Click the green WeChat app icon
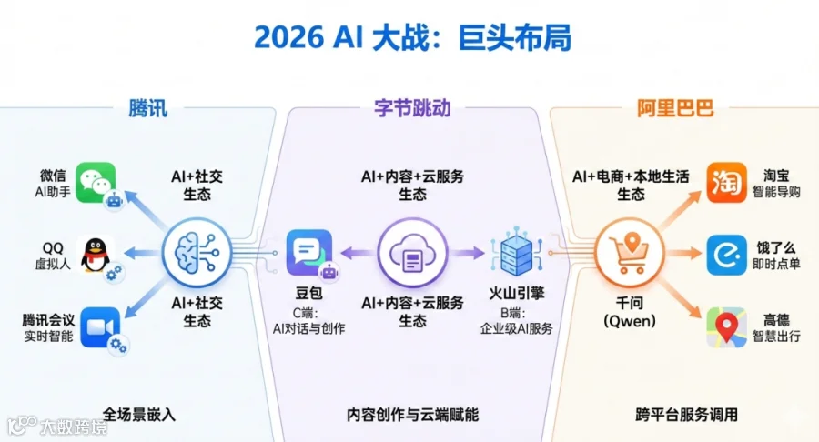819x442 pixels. tap(96, 182)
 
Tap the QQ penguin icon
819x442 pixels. tap(96, 255)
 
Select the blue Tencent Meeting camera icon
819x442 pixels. tap(100, 327)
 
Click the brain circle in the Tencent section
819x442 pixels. tap(197, 253)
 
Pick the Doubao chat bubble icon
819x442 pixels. tap(309, 253)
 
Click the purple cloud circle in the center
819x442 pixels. tap(412, 253)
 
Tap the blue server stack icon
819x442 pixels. tap(517, 254)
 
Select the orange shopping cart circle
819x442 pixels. tap(630, 254)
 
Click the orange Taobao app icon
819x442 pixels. tap(726, 183)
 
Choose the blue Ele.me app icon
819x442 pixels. tap(726, 256)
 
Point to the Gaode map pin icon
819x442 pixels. tap(726, 327)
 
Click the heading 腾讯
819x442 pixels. tap(147, 108)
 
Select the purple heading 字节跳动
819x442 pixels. tap(412, 108)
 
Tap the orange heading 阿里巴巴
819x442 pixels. tap(675, 108)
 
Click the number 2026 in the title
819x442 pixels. tap(288, 38)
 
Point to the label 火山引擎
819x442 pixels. tap(517, 293)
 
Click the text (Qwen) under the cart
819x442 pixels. tap(630, 320)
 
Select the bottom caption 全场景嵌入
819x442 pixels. tap(138, 415)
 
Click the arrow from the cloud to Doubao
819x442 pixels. tap(359, 253)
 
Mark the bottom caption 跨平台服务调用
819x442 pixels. tap(687, 415)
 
